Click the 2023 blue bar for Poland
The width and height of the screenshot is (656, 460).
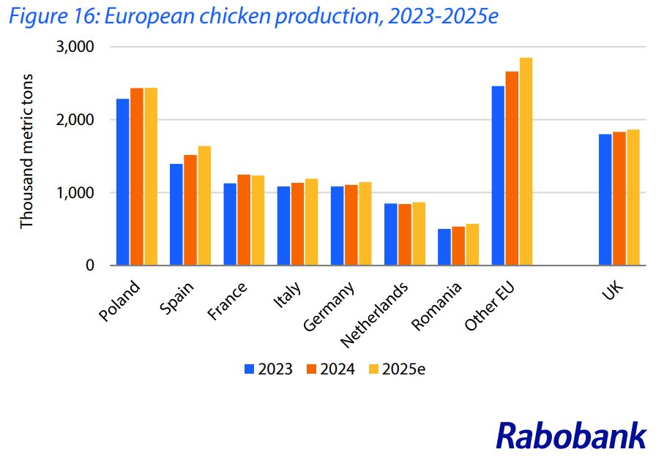[x=123, y=182]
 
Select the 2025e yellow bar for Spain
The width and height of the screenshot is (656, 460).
[x=204, y=206]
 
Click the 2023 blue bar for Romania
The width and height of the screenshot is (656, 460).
[x=444, y=247]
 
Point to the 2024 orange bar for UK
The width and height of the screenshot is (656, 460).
[x=619, y=199]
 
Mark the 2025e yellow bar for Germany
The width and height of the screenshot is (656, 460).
[x=365, y=224]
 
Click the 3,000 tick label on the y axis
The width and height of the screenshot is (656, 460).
[x=76, y=47]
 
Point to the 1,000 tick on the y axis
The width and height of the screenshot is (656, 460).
[x=76, y=193]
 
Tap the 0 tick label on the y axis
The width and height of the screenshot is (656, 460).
[x=89, y=265]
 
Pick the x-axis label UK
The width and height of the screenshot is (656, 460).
[x=612, y=293]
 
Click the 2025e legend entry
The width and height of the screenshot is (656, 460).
[x=403, y=369]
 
